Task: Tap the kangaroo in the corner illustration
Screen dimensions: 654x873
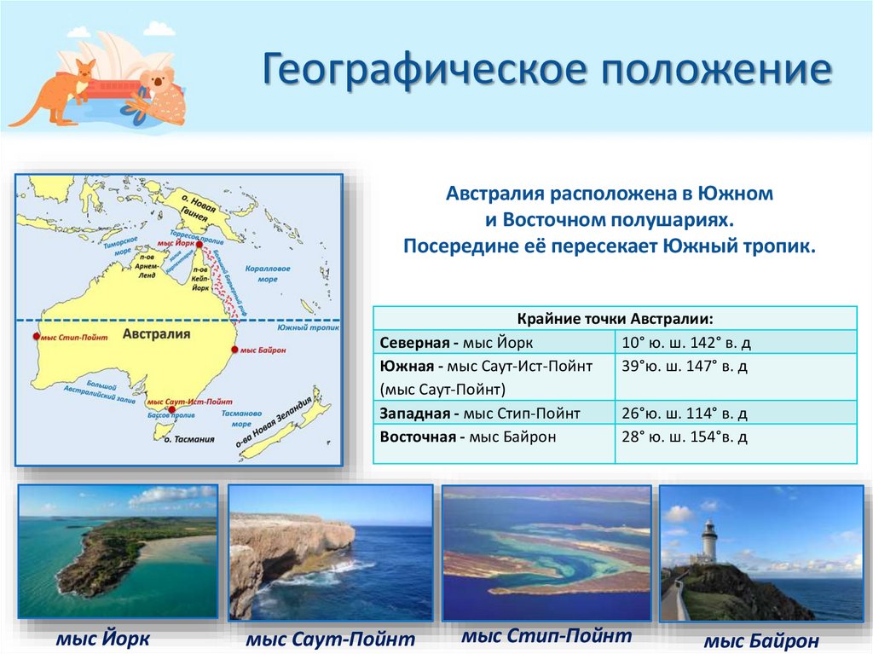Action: pos(64,89)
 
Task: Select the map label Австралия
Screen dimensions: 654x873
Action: pos(156,334)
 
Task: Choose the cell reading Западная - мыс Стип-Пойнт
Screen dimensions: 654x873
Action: pos(493,414)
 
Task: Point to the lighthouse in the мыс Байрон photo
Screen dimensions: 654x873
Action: pos(708,541)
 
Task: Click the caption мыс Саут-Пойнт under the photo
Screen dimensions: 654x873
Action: pos(329,639)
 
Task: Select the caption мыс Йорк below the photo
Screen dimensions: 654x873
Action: pos(103,639)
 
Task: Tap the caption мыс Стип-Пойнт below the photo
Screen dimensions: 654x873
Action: pos(546,635)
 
